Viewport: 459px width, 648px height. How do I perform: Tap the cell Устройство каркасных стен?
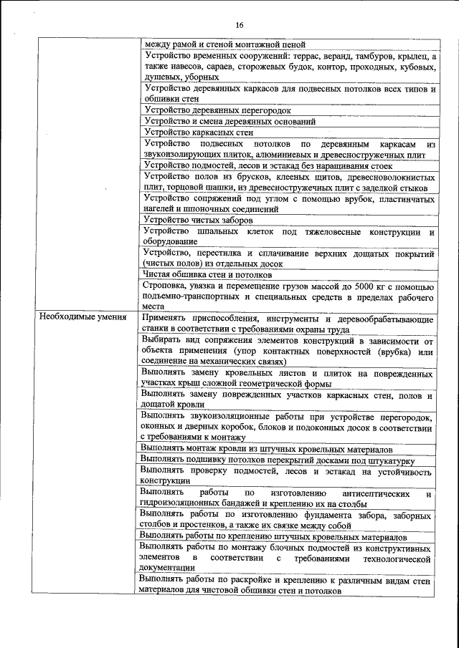pyautogui.click(x=199, y=132)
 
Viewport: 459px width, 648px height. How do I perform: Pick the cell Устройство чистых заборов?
pyautogui.click(x=199, y=220)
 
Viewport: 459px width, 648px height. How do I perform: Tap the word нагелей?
pyautogui.click(x=161, y=209)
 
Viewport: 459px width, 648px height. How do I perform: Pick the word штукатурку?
pyautogui.click(x=388, y=459)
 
